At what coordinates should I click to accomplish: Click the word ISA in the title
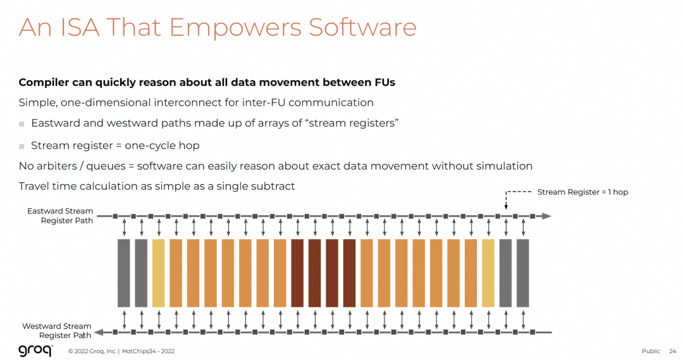click(x=80, y=27)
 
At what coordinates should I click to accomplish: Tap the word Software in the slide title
click(x=363, y=27)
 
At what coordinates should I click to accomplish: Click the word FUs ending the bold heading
click(x=385, y=82)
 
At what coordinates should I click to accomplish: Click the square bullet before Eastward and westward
click(x=22, y=124)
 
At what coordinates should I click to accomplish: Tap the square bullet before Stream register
click(x=22, y=146)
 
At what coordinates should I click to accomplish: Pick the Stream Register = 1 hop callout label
click(x=582, y=192)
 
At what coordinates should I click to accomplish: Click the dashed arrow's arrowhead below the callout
click(x=506, y=207)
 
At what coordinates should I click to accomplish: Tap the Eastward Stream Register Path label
click(x=60, y=216)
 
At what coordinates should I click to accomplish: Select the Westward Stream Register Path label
click(x=57, y=330)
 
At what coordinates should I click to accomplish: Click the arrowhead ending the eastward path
click(x=546, y=216)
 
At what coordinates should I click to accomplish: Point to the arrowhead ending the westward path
click(x=99, y=333)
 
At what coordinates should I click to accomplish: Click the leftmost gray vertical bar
click(x=124, y=273)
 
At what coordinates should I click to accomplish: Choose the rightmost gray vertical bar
click(x=523, y=273)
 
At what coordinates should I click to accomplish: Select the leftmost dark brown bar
click(x=297, y=273)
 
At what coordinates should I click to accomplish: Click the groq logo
click(x=35, y=351)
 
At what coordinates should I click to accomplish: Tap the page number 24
click(x=673, y=351)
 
